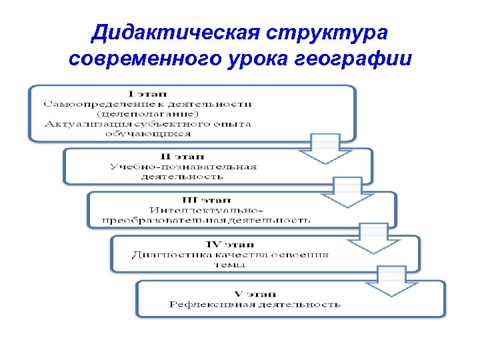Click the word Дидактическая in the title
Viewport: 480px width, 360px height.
[x=175, y=33]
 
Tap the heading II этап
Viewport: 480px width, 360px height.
[x=189, y=156]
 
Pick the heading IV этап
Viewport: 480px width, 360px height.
[x=230, y=244]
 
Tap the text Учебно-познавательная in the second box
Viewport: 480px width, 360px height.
[x=183, y=167]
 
